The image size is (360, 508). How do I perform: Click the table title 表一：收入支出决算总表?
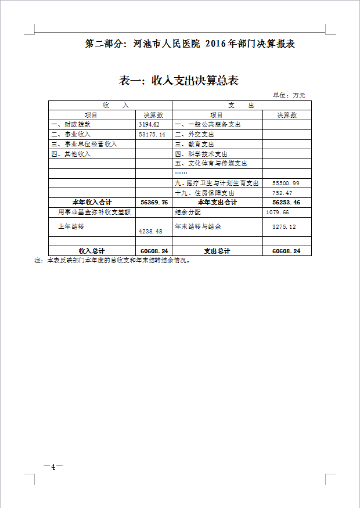click(179, 81)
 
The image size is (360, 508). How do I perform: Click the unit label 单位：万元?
click(289, 95)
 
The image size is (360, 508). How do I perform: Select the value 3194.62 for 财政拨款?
click(149, 125)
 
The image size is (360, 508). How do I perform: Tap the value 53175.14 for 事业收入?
click(152, 134)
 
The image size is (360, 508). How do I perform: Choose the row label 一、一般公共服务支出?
click(207, 125)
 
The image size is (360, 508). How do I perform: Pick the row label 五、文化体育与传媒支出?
click(211, 164)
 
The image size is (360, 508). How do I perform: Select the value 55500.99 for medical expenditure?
click(286, 183)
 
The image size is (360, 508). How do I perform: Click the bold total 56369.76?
click(154, 203)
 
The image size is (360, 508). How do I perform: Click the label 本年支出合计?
click(217, 203)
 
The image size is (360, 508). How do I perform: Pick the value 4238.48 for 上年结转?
click(150, 231)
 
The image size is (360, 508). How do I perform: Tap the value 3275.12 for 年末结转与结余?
click(284, 226)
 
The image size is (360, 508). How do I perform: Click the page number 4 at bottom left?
click(53, 467)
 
